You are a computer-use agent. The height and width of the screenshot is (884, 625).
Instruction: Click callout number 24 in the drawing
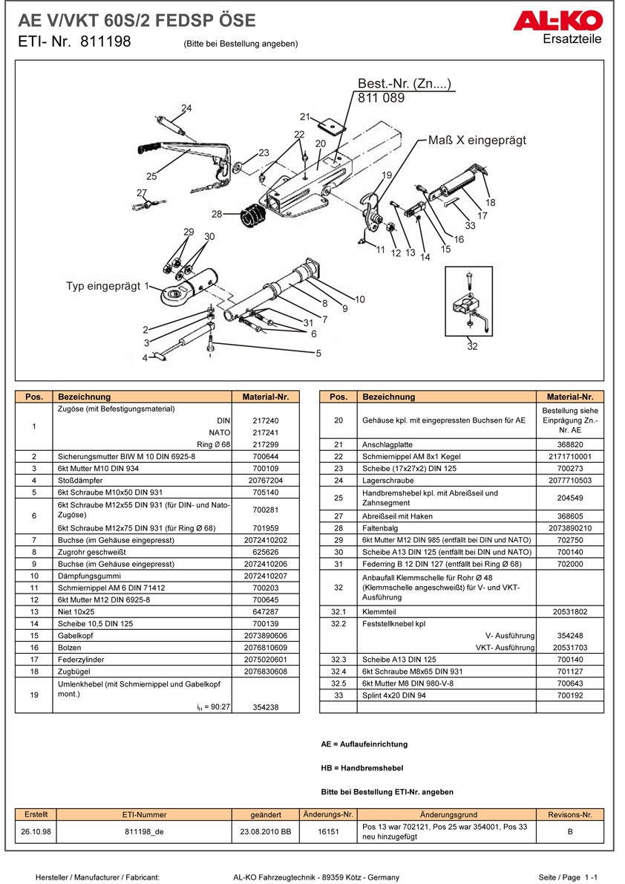point(186,108)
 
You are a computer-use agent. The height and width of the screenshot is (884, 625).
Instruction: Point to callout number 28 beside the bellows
point(216,214)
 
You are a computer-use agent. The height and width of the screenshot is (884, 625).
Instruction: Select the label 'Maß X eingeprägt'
point(477,140)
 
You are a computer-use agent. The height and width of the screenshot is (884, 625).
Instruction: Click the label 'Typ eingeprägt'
point(104,286)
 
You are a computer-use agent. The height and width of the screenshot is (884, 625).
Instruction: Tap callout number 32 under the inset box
point(472,346)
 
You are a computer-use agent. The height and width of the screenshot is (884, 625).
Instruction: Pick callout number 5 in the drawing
point(318,354)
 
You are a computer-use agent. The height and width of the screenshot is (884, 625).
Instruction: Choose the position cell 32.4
point(338,672)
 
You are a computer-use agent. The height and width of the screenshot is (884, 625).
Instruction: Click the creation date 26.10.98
point(36,831)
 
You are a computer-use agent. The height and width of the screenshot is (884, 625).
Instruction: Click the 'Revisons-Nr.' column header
point(569,814)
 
